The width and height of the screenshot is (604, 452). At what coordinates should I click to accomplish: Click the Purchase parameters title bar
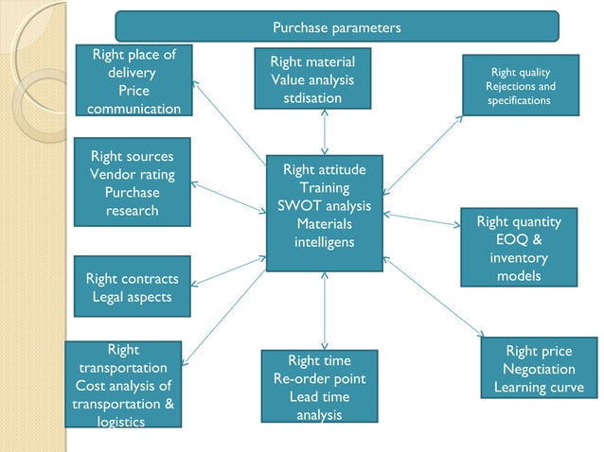[336, 26]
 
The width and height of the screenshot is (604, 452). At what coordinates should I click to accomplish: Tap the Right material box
[312, 79]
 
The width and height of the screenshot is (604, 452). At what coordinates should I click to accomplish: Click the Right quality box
[520, 86]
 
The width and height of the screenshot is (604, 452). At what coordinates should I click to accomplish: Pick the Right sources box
[132, 183]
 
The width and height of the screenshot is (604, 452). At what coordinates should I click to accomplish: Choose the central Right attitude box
[324, 213]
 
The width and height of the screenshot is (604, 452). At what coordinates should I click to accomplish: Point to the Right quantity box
[519, 247]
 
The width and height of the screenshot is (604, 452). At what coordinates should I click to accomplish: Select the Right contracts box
[132, 287]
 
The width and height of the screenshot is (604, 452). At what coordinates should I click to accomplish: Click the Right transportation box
[123, 385]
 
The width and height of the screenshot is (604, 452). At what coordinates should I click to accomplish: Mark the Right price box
[539, 370]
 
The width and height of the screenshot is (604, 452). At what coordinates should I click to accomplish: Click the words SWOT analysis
[325, 206]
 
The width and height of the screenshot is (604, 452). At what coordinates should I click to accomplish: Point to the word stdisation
[312, 98]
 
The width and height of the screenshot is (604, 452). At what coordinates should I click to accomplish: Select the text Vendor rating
[132, 174]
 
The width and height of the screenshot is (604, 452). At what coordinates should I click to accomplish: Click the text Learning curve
[539, 388]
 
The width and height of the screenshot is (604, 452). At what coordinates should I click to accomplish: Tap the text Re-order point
[319, 378]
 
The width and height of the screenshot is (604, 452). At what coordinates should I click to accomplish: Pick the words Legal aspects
[132, 297]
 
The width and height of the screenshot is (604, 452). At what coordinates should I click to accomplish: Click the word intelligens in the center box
[325, 242]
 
